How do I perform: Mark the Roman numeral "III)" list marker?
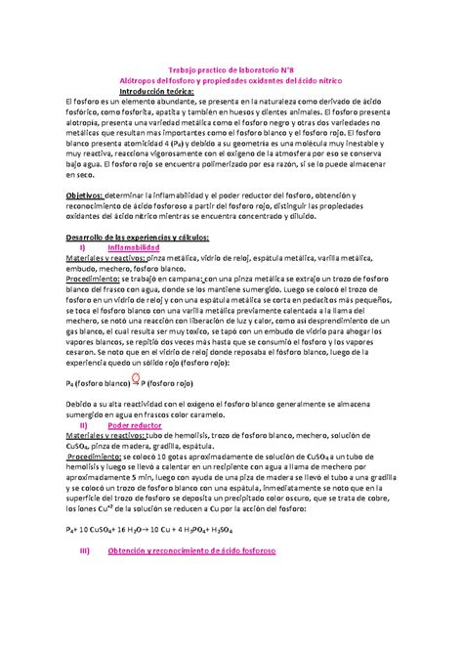point(84,550)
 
